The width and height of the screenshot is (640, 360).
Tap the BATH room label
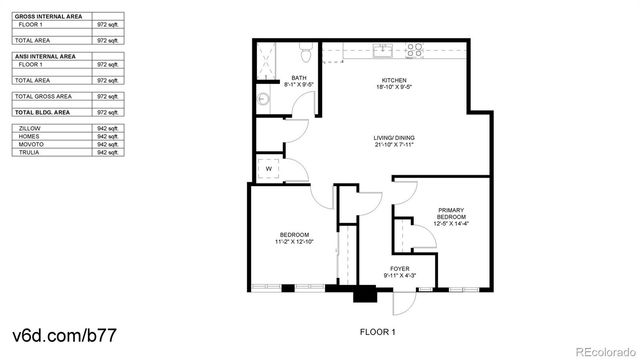click(299, 78)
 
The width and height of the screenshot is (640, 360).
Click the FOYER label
click(400, 268)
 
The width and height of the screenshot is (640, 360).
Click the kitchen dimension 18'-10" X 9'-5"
click(395, 87)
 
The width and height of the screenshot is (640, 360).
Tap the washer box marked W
click(268, 168)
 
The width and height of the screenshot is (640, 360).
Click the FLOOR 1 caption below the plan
click(378, 331)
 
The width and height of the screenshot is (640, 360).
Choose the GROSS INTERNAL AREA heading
click(47, 17)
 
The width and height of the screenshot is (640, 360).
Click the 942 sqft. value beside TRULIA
click(108, 153)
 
